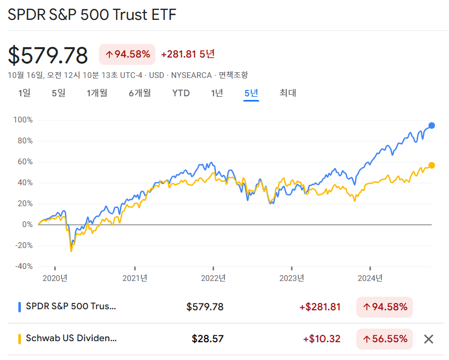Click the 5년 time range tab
251,93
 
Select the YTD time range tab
181,93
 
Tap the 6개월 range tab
140,93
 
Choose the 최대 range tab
288,93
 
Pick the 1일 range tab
24,93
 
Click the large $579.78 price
48,55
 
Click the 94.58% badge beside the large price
127,54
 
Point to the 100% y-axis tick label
24,120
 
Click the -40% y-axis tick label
24,266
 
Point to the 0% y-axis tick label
27,224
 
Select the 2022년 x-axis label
214,278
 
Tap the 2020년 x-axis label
55,278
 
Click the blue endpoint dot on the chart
432,126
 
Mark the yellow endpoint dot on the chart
432,165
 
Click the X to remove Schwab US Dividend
429,339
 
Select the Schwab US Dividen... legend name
71,339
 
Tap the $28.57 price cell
208,339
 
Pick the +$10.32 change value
321,339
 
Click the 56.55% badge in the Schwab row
385,339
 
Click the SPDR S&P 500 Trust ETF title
92,15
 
